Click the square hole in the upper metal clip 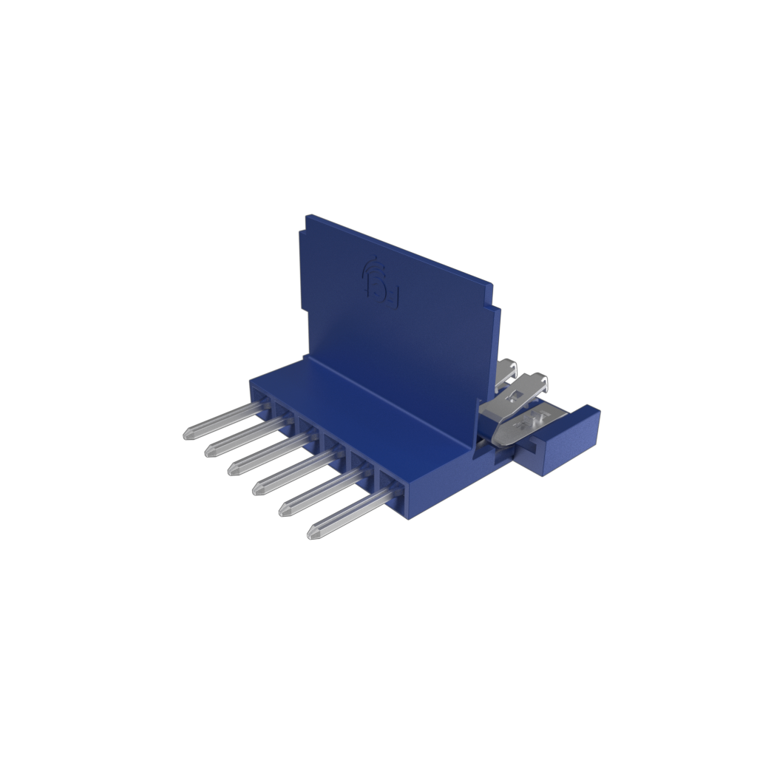coord(518,397)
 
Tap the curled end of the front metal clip coord(543,382)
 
